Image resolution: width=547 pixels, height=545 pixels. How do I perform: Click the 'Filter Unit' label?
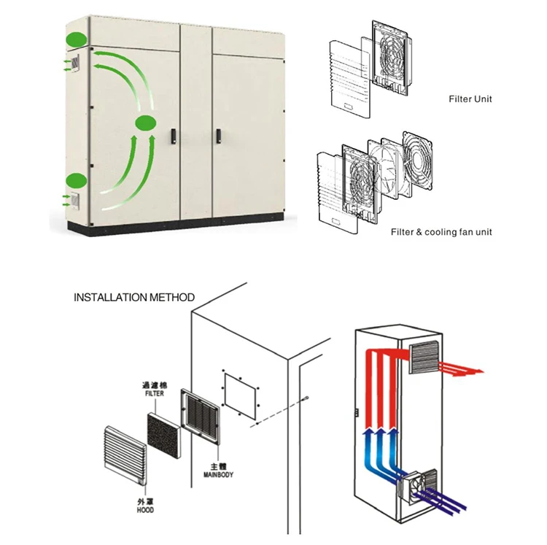(470, 99)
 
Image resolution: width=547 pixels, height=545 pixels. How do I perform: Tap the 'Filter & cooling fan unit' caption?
(441, 232)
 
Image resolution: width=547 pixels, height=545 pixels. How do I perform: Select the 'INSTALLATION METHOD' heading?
(134, 297)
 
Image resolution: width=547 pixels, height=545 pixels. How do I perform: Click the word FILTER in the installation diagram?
(155, 393)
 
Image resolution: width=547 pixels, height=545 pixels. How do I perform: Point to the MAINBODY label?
(218, 474)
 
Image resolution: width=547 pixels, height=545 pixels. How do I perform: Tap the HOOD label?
(145, 510)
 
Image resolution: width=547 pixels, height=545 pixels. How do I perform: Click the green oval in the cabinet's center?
(145, 124)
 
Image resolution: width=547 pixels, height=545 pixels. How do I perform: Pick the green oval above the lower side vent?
(76, 181)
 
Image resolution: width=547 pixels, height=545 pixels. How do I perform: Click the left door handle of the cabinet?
(174, 136)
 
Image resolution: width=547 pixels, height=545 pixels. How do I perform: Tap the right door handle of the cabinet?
(218, 136)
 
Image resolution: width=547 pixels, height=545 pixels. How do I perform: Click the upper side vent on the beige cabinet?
(75, 63)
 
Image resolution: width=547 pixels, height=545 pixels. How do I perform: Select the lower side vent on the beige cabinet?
(75, 201)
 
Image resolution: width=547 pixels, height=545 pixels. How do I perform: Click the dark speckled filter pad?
(164, 436)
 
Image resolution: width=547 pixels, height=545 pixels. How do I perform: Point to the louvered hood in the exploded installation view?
(125, 455)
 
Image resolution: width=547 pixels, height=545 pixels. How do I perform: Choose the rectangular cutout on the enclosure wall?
(240, 396)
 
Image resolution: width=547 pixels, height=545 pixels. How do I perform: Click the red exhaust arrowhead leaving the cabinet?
(478, 371)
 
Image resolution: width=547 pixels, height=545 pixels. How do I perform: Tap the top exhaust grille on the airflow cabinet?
(423, 357)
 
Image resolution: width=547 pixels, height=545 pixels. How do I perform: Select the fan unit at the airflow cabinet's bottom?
(417, 487)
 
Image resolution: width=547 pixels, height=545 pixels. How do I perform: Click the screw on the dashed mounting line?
(306, 398)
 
